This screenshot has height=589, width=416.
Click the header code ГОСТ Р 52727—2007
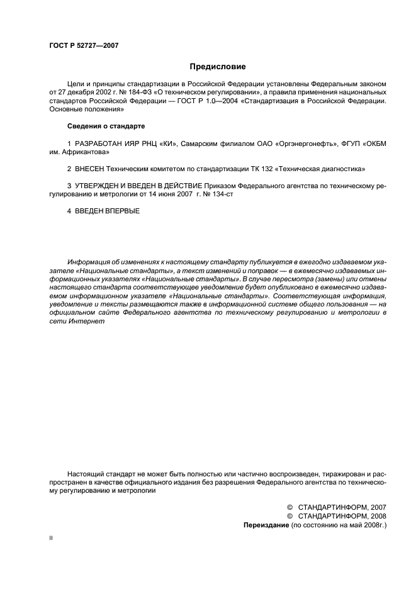pyautogui.click(x=84, y=46)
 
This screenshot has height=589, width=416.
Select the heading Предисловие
pyautogui.click(x=218, y=66)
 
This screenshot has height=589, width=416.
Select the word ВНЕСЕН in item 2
pyautogui.click(x=90, y=169)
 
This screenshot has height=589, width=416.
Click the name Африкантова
pyautogui.click(x=84, y=152)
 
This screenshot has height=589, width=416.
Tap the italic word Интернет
pyautogui.click(x=86, y=321)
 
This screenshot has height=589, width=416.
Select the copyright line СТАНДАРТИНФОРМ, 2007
pyautogui.click(x=342, y=507)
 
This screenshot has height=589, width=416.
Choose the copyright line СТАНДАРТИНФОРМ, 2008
pyautogui.click(x=342, y=515)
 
